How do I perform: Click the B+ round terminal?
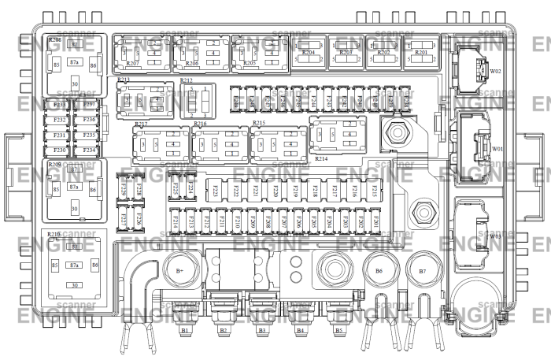(179, 272)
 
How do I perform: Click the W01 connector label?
(497, 148)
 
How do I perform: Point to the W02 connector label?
(496, 70)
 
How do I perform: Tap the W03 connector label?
(496, 236)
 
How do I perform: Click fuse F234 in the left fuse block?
(88, 149)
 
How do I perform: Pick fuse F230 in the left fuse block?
(59, 149)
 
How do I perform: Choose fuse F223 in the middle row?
(216, 190)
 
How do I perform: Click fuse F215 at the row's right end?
(375, 190)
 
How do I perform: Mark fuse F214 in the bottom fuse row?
(175, 224)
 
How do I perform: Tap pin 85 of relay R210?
(54, 265)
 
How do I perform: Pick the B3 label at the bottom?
(261, 331)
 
